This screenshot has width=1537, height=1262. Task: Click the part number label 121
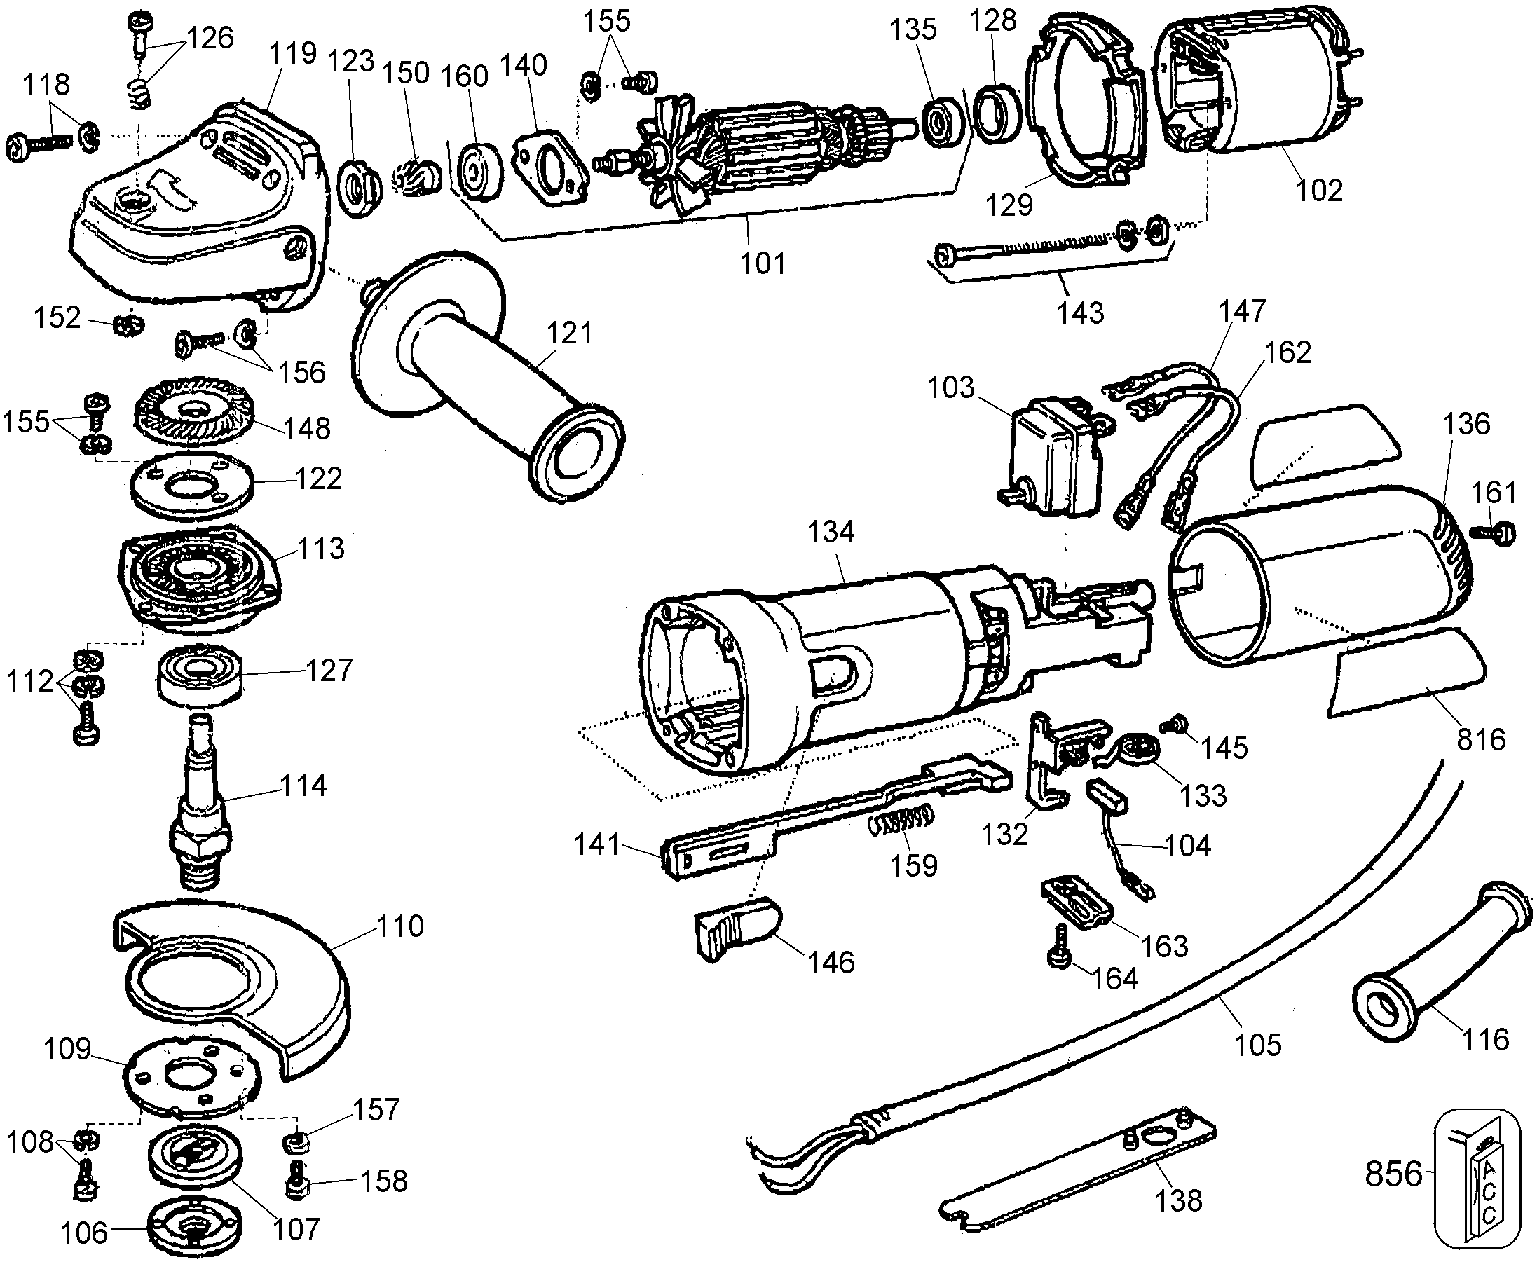pyautogui.click(x=569, y=333)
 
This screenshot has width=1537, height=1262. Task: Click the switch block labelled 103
pyautogui.click(x=1052, y=459)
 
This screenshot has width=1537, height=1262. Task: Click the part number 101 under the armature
pyautogui.click(x=763, y=263)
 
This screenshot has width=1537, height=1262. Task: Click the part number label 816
pyautogui.click(x=1480, y=740)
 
